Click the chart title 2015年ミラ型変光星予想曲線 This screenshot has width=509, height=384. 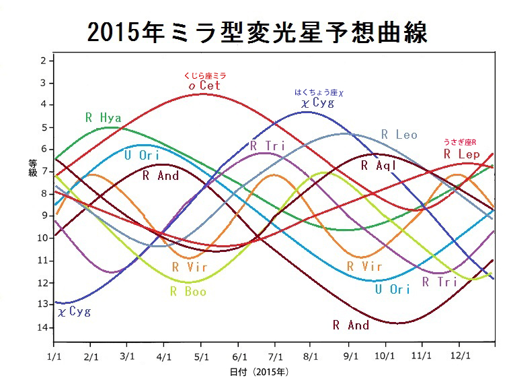click(257, 31)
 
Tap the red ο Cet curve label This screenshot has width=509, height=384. click(204, 86)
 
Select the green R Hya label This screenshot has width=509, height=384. click(104, 117)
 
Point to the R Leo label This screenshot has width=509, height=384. click(399, 135)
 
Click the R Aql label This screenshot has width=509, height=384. click(379, 164)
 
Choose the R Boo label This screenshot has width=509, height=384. click(188, 292)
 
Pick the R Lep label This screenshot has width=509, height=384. click(461, 154)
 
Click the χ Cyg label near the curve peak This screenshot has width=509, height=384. click(317, 103)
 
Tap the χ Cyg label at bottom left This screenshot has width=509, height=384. click(73, 311)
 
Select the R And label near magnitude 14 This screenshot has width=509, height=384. click(351, 325)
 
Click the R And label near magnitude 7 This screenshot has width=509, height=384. click(161, 176)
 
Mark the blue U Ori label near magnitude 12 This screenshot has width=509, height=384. click(392, 290)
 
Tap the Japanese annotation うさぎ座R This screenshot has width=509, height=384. click(461, 142)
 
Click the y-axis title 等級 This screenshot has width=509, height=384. click(32, 168)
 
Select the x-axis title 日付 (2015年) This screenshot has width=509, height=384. click(259, 371)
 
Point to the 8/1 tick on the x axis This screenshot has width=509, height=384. click(311, 354)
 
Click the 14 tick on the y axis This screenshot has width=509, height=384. click(44, 327)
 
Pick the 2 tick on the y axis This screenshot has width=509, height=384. click(44, 61)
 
